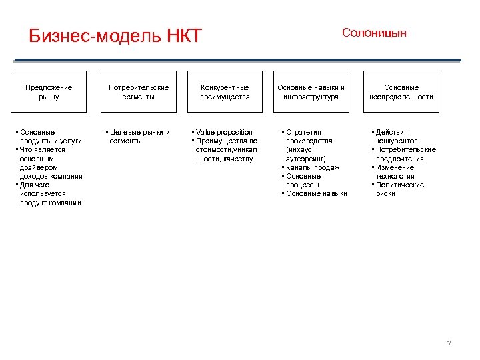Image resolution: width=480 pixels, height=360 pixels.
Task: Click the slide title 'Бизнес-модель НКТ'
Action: (x=115, y=35)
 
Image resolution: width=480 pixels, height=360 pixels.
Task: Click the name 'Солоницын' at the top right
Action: (x=374, y=33)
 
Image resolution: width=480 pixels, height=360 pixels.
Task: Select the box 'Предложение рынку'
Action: (x=49, y=92)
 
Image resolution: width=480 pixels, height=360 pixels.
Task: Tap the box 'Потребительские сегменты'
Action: (x=139, y=92)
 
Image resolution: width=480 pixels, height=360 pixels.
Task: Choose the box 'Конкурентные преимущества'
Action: (x=225, y=92)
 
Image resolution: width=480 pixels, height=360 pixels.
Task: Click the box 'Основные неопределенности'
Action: (x=401, y=92)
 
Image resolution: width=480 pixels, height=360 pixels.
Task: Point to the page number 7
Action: (x=449, y=343)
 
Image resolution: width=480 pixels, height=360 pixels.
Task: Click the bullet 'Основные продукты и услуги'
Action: (x=51, y=137)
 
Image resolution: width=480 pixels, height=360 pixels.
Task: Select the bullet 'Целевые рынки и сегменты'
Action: (x=139, y=137)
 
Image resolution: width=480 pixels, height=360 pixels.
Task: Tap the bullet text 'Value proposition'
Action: (x=224, y=132)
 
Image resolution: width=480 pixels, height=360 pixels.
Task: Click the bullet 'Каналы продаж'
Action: (x=313, y=167)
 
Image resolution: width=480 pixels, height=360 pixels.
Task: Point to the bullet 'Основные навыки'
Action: (x=316, y=194)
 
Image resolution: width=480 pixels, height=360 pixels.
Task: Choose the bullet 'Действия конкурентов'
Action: (x=397, y=137)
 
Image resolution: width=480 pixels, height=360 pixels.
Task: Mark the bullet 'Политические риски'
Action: (x=399, y=189)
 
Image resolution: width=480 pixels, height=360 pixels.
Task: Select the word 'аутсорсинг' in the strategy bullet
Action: (x=306, y=159)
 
